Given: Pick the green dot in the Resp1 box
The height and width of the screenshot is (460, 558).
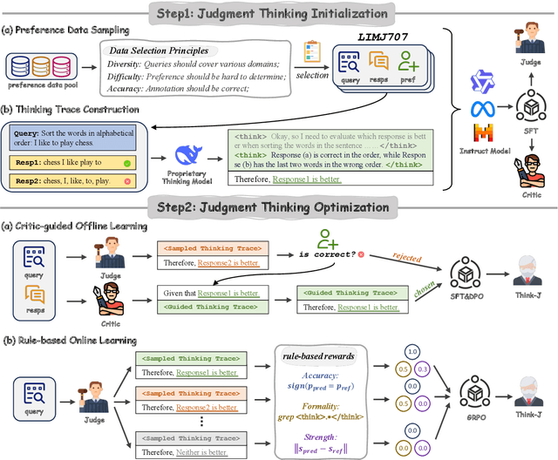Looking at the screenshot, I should coord(127,163).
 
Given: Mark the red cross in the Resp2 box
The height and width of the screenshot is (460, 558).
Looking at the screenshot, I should coord(128,182).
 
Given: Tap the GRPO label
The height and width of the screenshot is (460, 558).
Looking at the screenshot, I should coord(477,417).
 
